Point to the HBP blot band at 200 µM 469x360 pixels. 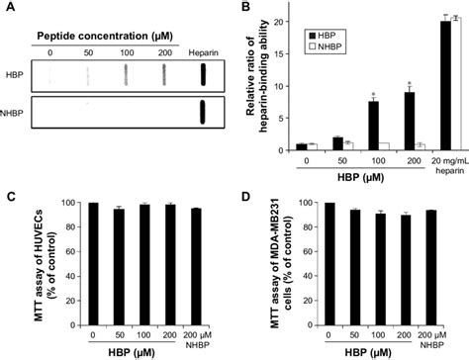[x=165, y=75]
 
